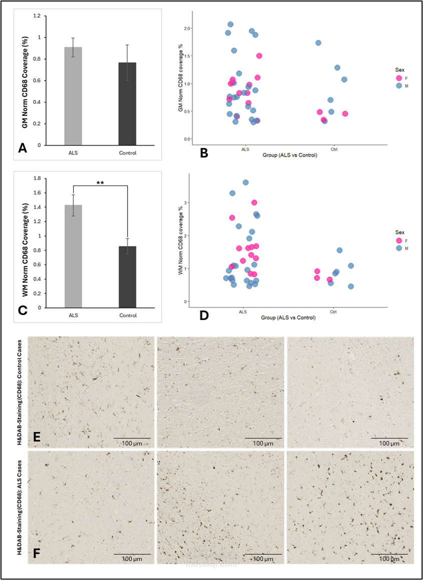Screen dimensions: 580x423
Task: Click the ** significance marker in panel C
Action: [x=100, y=183]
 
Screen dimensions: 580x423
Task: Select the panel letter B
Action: [x=204, y=153]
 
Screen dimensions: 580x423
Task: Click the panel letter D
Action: [x=204, y=314]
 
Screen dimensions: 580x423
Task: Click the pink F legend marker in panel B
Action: [x=399, y=78]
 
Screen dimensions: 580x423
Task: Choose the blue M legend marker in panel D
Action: [x=399, y=248]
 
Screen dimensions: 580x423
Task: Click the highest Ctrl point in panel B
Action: [x=318, y=43]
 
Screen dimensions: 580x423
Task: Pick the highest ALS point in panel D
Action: [x=246, y=182]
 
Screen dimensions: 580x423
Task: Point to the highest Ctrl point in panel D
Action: [x=339, y=250]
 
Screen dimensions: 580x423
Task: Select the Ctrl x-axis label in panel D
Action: [x=333, y=312]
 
